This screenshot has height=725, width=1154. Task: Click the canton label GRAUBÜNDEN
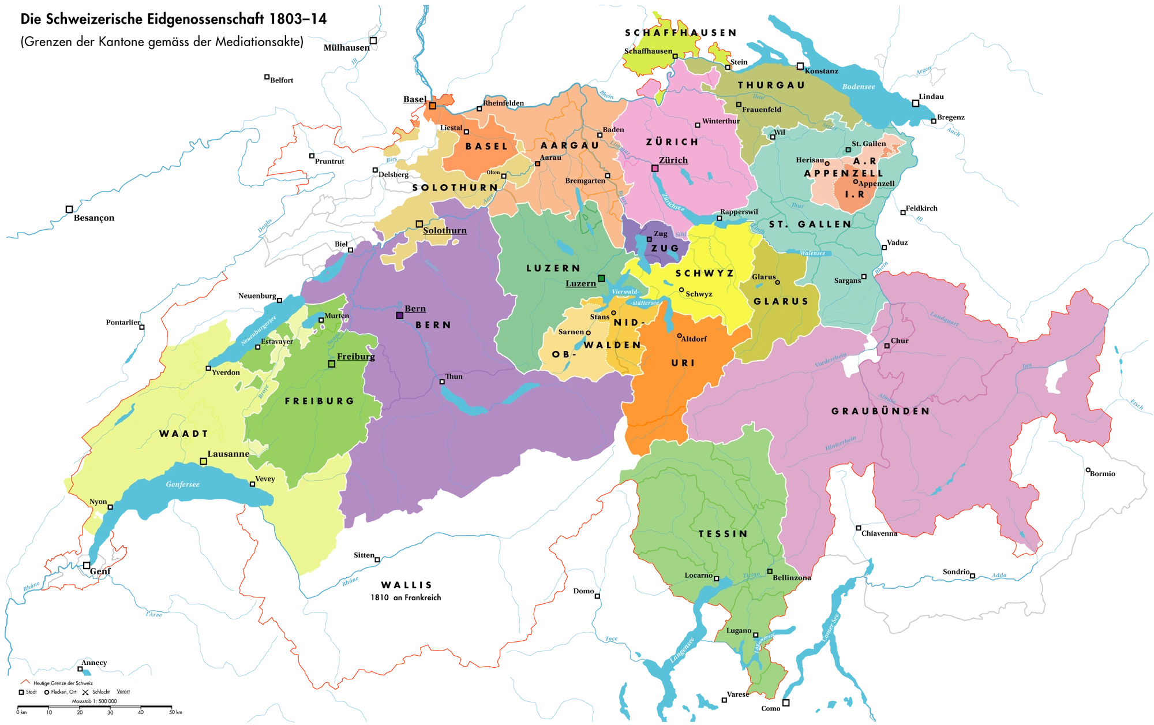click(881, 411)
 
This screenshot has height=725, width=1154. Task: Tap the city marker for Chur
click(887, 346)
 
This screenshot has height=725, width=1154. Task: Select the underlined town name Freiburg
click(355, 356)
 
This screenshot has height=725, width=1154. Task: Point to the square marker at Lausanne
click(203, 461)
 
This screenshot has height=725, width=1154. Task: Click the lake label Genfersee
click(183, 484)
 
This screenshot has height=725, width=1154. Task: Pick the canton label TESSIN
click(722, 534)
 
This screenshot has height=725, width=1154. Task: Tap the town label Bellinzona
click(792, 577)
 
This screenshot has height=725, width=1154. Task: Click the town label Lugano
click(739, 630)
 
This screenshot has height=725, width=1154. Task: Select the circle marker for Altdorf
click(680, 336)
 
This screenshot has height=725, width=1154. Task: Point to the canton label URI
click(683, 363)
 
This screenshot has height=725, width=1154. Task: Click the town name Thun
click(454, 376)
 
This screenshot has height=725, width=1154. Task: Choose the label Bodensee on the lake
click(859, 87)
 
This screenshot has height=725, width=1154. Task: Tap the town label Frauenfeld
click(762, 109)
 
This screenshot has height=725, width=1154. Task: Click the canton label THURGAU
click(771, 85)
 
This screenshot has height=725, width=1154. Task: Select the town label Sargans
click(847, 281)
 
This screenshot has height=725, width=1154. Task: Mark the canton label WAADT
click(183, 433)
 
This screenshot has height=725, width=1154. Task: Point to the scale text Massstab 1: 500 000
click(94, 701)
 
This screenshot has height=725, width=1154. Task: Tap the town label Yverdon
click(226, 372)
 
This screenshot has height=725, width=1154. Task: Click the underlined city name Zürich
click(673, 160)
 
